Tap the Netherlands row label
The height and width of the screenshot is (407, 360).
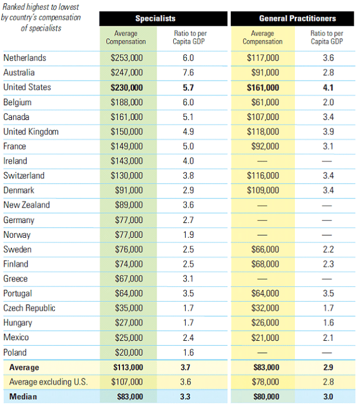coord(25,58)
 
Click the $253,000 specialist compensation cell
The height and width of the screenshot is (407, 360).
coord(127,58)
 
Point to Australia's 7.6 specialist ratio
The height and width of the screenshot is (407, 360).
coord(188,73)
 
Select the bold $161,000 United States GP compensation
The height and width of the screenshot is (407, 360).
coord(263,87)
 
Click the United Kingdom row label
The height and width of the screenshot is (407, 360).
coord(31,131)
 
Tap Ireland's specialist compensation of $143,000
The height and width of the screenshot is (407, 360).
coord(127,161)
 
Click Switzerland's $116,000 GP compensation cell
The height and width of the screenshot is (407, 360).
coord(263,175)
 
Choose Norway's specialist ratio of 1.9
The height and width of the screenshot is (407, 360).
coord(188,234)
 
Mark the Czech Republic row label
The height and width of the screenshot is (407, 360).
coord(29,308)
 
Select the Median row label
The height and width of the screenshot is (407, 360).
coord(22,397)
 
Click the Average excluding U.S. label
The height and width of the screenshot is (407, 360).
coord(48,382)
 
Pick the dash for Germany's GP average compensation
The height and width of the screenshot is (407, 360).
coord(263,220)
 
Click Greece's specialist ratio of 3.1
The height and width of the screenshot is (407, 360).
coord(188,279)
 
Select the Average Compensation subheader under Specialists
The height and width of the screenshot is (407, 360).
coord(126,38)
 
